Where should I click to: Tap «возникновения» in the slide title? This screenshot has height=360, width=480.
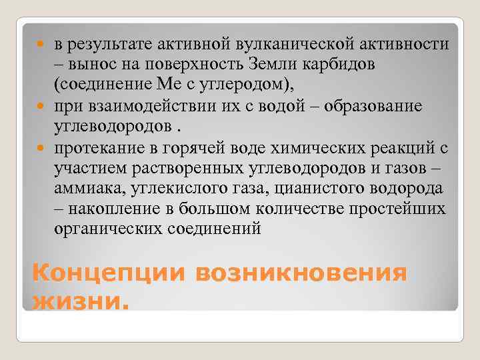click(x=301, y=274)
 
